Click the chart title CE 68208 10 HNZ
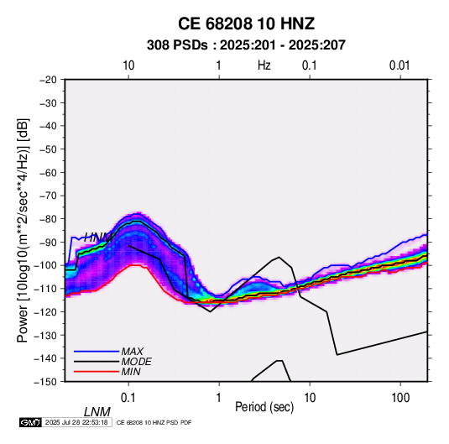click(246, 24)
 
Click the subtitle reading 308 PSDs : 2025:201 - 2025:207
click(246, 45)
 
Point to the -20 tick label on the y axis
click(48, 80)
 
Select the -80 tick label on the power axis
click(48, 219)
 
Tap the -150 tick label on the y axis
click(46, 382)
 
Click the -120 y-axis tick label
click(46, 311)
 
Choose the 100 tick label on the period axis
click(400, 398)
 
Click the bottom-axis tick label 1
click(219, 398)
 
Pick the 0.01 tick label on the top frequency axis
click(399, 65)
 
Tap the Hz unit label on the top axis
click(264, 65)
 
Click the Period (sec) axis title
click(264, 407)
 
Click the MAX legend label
click(133, 351)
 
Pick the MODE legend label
click(136, 362)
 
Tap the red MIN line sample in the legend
click(97, 372)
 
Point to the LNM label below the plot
click(97, 412)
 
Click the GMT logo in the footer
click(30, 422)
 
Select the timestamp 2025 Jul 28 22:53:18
click(76, 422)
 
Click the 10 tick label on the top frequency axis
click(128, 65)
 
